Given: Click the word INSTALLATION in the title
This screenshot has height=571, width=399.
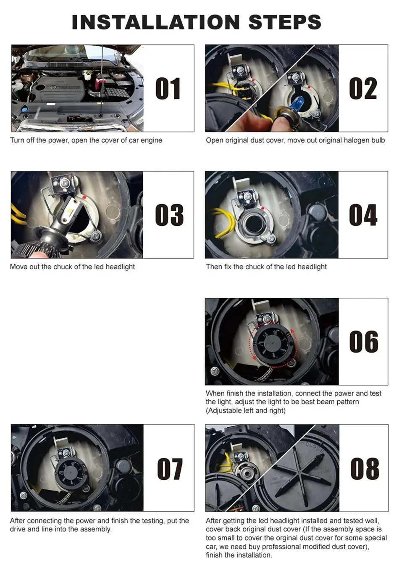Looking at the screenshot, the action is [x=156, y=22].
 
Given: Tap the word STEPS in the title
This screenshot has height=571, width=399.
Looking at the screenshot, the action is [x=285, y=22].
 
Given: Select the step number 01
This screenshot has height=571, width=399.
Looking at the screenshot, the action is [x=168, y=88].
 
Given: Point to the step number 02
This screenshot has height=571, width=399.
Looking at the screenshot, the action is [x=363, y=88].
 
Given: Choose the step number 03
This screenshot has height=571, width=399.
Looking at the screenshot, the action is [x=169, y=215].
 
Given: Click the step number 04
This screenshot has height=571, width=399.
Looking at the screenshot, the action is [x=363, y=215].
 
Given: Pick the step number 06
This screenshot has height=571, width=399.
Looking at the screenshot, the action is [x=364, y=341].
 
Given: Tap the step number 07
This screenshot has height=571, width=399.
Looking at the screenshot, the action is [x=170, y=469].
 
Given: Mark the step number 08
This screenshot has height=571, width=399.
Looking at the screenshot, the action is [x=365, y=468].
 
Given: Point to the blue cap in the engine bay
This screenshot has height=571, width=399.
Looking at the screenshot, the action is [x=24, y=110].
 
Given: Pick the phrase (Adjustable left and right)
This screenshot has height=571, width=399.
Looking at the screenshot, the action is [x=246, y=410].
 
